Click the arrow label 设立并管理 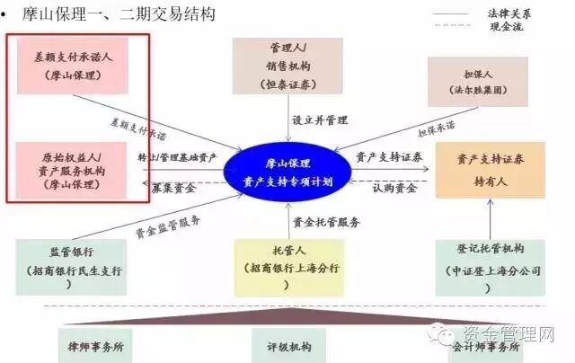click(314, 120)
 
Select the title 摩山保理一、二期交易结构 click(117, 14)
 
